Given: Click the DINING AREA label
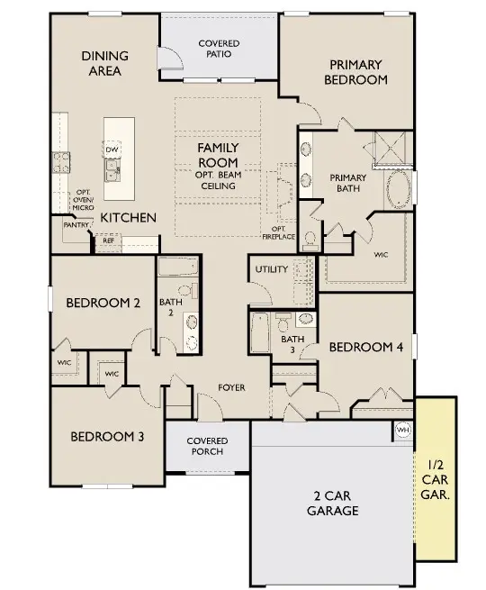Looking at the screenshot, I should tap(104, 63).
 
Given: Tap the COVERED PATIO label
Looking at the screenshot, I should tap(219, 48).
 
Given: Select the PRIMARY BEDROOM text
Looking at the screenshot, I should tap(357, 72).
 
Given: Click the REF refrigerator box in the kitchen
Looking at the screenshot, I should tap(108, 241).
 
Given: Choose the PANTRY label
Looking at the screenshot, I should tap(74, 225).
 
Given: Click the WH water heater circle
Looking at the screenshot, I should tap(402, 429).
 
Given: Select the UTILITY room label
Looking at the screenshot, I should tap(271, 269).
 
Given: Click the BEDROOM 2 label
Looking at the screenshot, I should tap(103, 304).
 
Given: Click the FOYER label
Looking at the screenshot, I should tap(232, 387).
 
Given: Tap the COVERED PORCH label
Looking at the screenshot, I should tap(207, 446).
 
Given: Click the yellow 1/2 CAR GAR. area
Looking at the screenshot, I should tap(435, 477).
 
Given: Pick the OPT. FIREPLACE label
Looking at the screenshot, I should tap(278, 231).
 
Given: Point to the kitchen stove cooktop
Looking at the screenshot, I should tap(61, 162).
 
